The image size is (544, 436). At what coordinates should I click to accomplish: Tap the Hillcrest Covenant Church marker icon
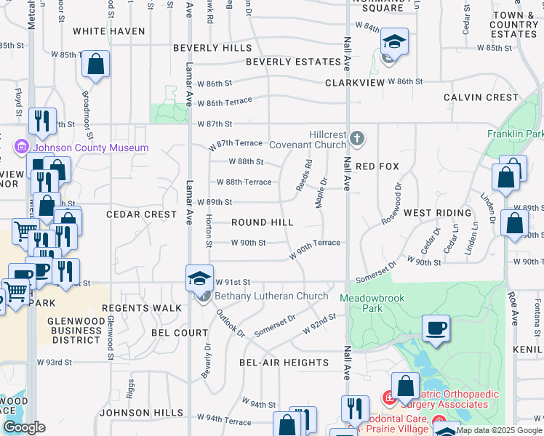tap(356, 138)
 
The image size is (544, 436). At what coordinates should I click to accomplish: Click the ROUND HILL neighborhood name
tap(263, 222)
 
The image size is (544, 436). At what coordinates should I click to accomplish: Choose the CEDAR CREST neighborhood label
tap(141, 215)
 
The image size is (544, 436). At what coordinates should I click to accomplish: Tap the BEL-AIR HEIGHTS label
tap(284, 363)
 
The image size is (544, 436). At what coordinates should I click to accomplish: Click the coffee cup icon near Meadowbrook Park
tap(436, 328)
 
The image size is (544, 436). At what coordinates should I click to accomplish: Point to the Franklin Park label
tap(515, 134)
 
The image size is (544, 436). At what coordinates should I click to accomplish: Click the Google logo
tap(24, 428)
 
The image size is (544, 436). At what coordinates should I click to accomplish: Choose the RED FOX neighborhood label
tap(377, 167)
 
